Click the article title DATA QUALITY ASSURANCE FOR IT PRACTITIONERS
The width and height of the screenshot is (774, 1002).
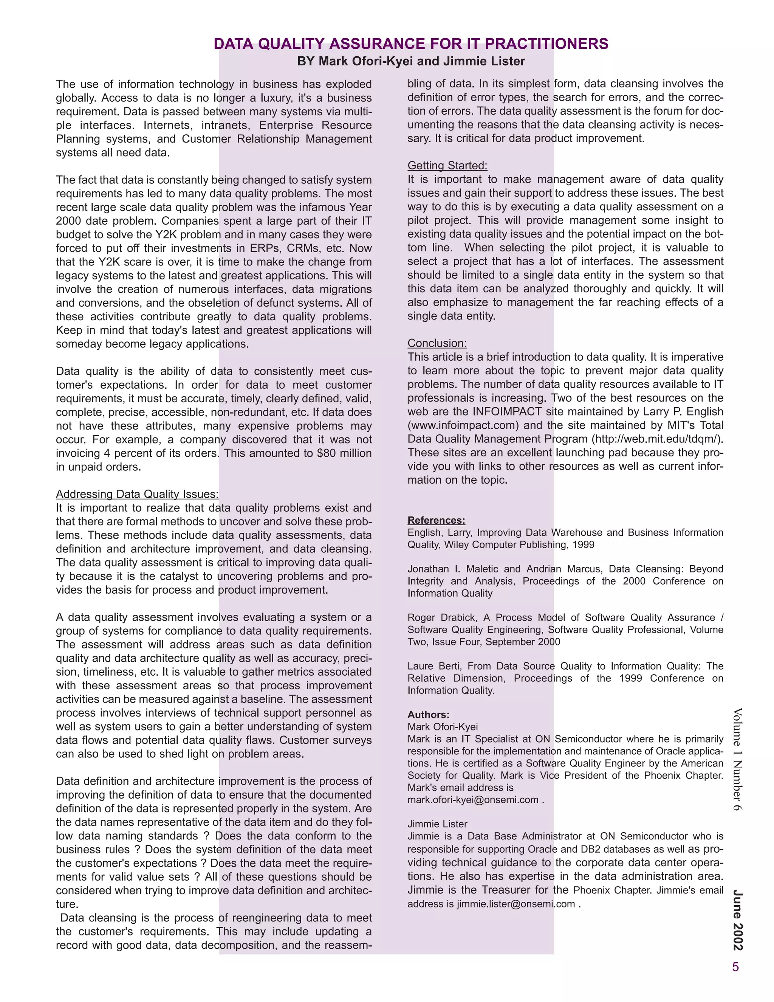[x=411, y=43]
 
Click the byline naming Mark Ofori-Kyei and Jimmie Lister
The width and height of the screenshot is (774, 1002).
[x=411, y=61]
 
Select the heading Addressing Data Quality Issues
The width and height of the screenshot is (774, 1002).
[x=137, y=494]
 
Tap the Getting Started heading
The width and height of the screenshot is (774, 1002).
[x=447, y=166]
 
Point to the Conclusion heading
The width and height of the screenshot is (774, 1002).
[x=437, y=343]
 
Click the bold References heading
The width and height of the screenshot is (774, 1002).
[x=436, y=520]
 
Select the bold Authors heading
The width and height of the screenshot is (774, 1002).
[x=428, y=714]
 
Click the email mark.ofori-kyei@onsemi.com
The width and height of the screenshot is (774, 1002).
[x=473, y=800]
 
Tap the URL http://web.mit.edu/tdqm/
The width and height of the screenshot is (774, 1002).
[x=656, y=439]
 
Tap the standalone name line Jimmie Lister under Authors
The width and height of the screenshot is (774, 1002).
[x=437, y=824]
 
